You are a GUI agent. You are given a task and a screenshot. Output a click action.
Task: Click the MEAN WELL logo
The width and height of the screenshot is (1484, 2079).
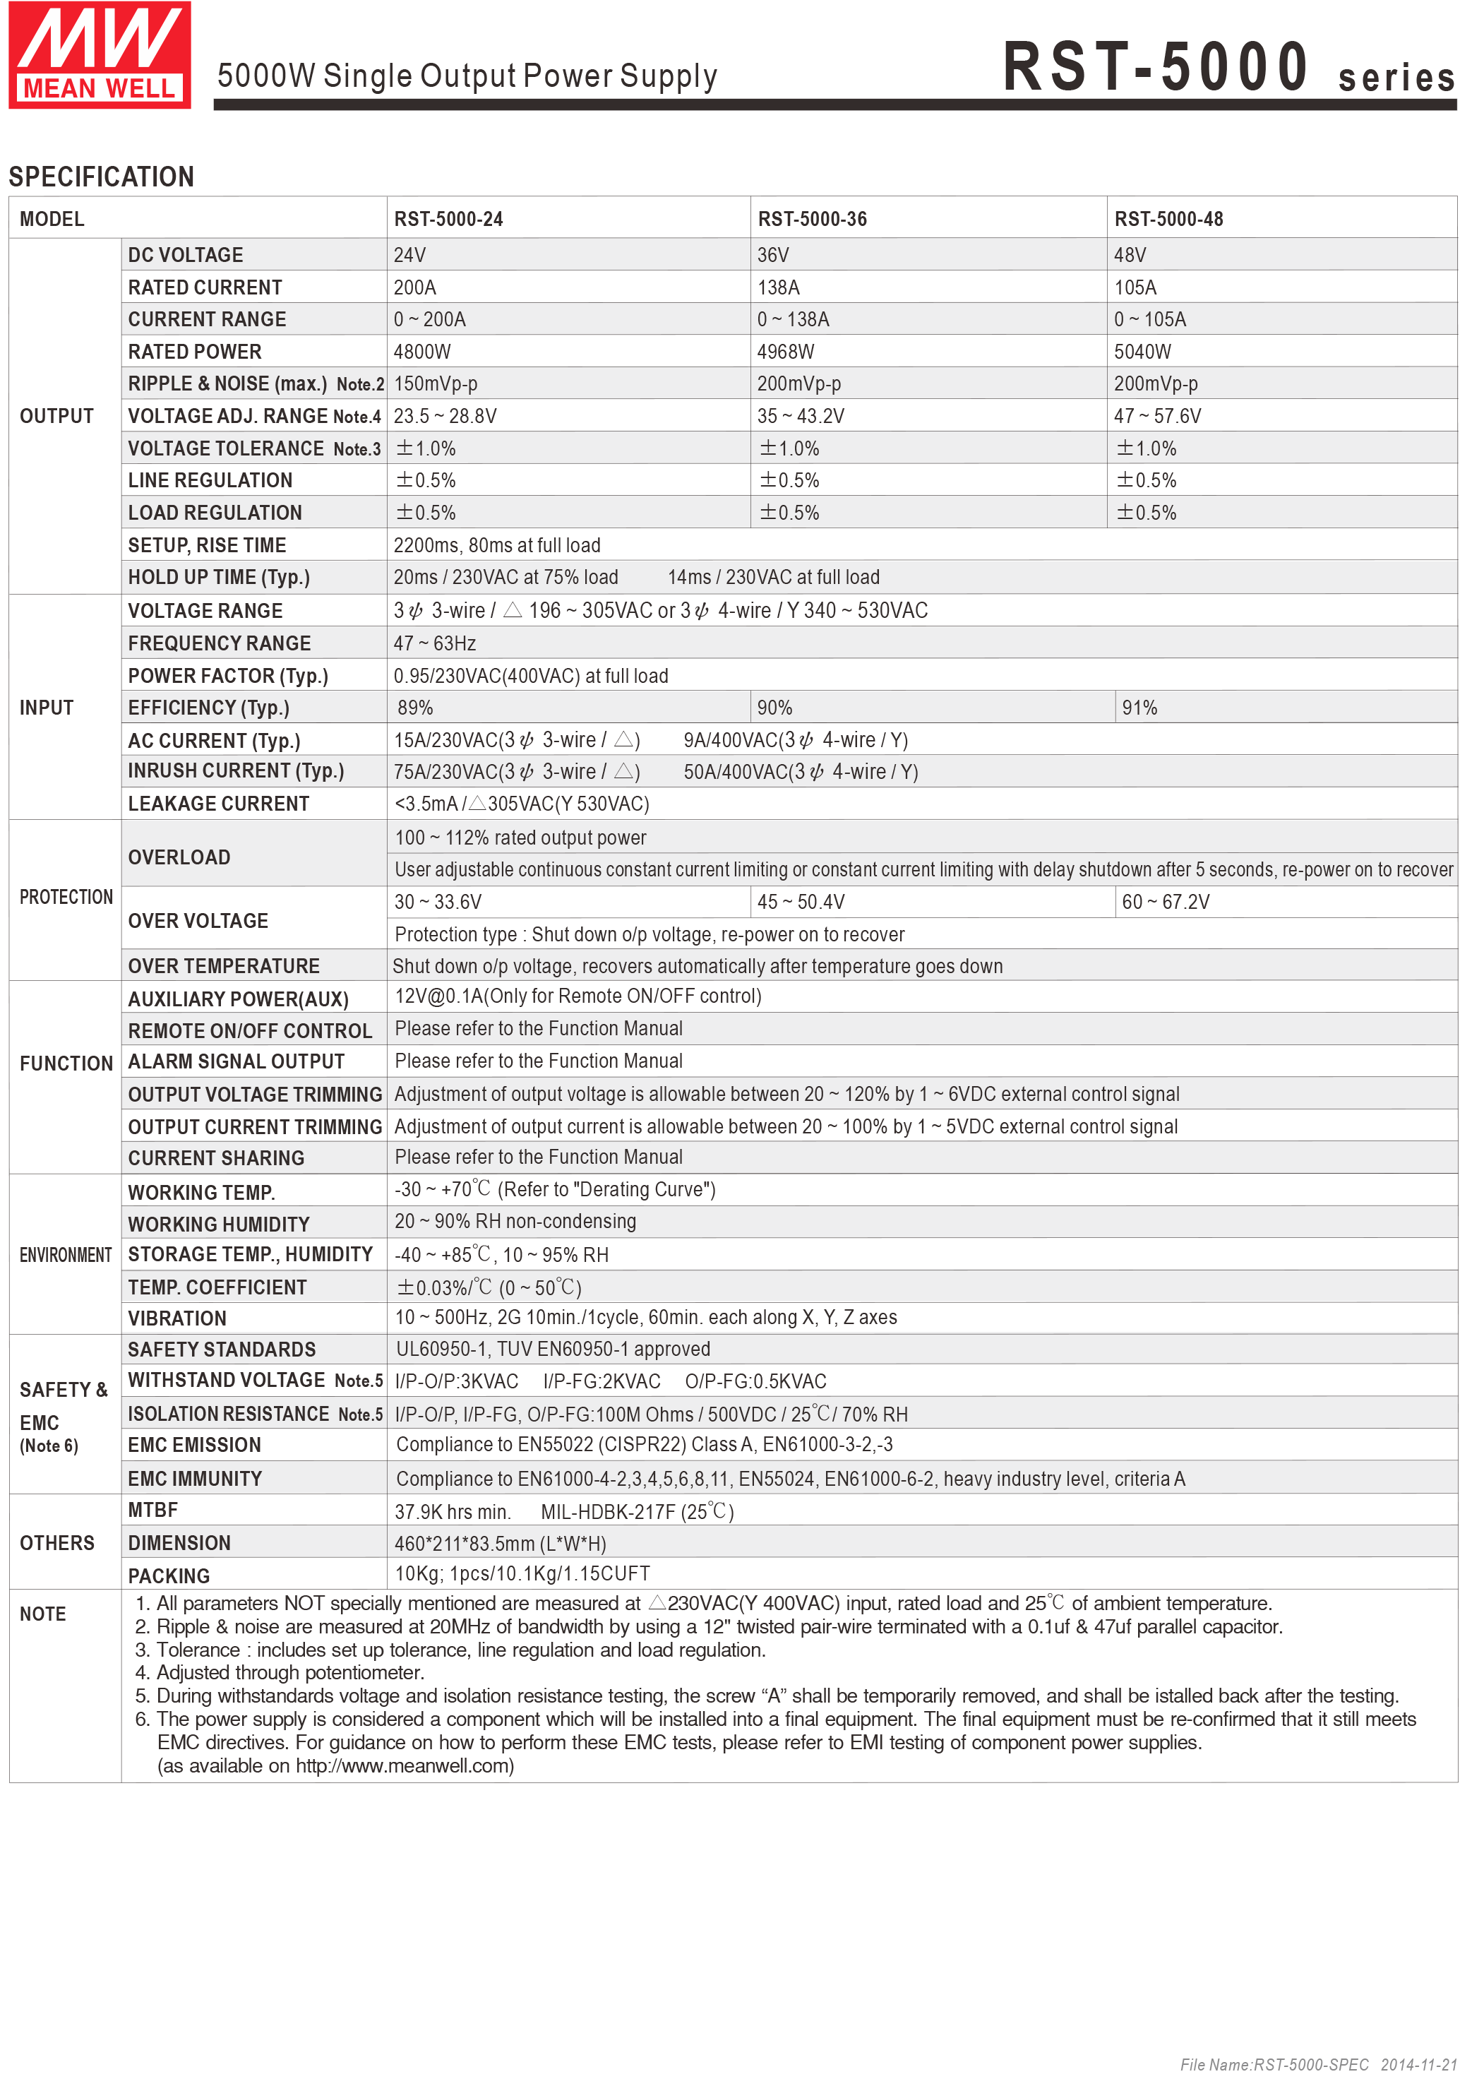100,55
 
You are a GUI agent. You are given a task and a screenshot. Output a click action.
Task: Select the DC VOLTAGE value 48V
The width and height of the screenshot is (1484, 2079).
1130,255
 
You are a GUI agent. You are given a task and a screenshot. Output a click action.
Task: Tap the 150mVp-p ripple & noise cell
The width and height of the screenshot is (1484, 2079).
435,384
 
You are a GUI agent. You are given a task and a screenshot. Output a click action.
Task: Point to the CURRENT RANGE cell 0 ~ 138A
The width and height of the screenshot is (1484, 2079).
792,320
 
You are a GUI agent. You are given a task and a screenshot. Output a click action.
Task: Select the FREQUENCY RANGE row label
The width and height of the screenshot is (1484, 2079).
220,643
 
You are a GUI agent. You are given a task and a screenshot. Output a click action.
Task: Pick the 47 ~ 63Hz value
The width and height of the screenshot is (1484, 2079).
434,643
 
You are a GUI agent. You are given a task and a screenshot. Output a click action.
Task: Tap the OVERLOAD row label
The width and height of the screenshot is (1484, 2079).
179,857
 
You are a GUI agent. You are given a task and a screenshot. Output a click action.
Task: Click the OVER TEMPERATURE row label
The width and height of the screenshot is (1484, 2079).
224,966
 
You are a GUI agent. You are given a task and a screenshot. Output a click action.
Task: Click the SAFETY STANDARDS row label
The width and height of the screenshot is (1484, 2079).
222,1350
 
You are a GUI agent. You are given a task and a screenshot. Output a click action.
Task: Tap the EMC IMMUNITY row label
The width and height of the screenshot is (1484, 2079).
195,1479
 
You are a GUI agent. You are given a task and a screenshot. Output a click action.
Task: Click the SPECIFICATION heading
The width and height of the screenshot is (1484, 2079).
102,177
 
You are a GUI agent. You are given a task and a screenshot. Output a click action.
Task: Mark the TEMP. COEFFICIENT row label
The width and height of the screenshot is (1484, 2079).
217,1287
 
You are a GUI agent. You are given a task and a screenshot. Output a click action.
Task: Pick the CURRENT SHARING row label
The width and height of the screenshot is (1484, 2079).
215,1158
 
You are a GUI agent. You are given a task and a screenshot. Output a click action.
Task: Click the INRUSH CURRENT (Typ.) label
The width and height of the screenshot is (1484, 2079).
236,771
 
